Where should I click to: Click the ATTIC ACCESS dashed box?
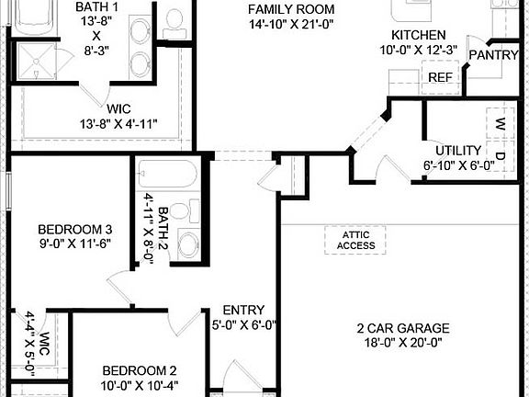pos(355,240)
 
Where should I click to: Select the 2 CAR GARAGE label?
pos(403,328)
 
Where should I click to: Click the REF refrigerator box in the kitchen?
pos(440,78)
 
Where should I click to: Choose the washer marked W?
pos(501,123)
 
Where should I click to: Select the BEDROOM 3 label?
pos(75,230)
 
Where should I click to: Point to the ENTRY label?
pos(244,310)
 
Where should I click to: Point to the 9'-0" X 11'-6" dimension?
pos(75,244)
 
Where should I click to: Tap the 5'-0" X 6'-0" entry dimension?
pos(245,324)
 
